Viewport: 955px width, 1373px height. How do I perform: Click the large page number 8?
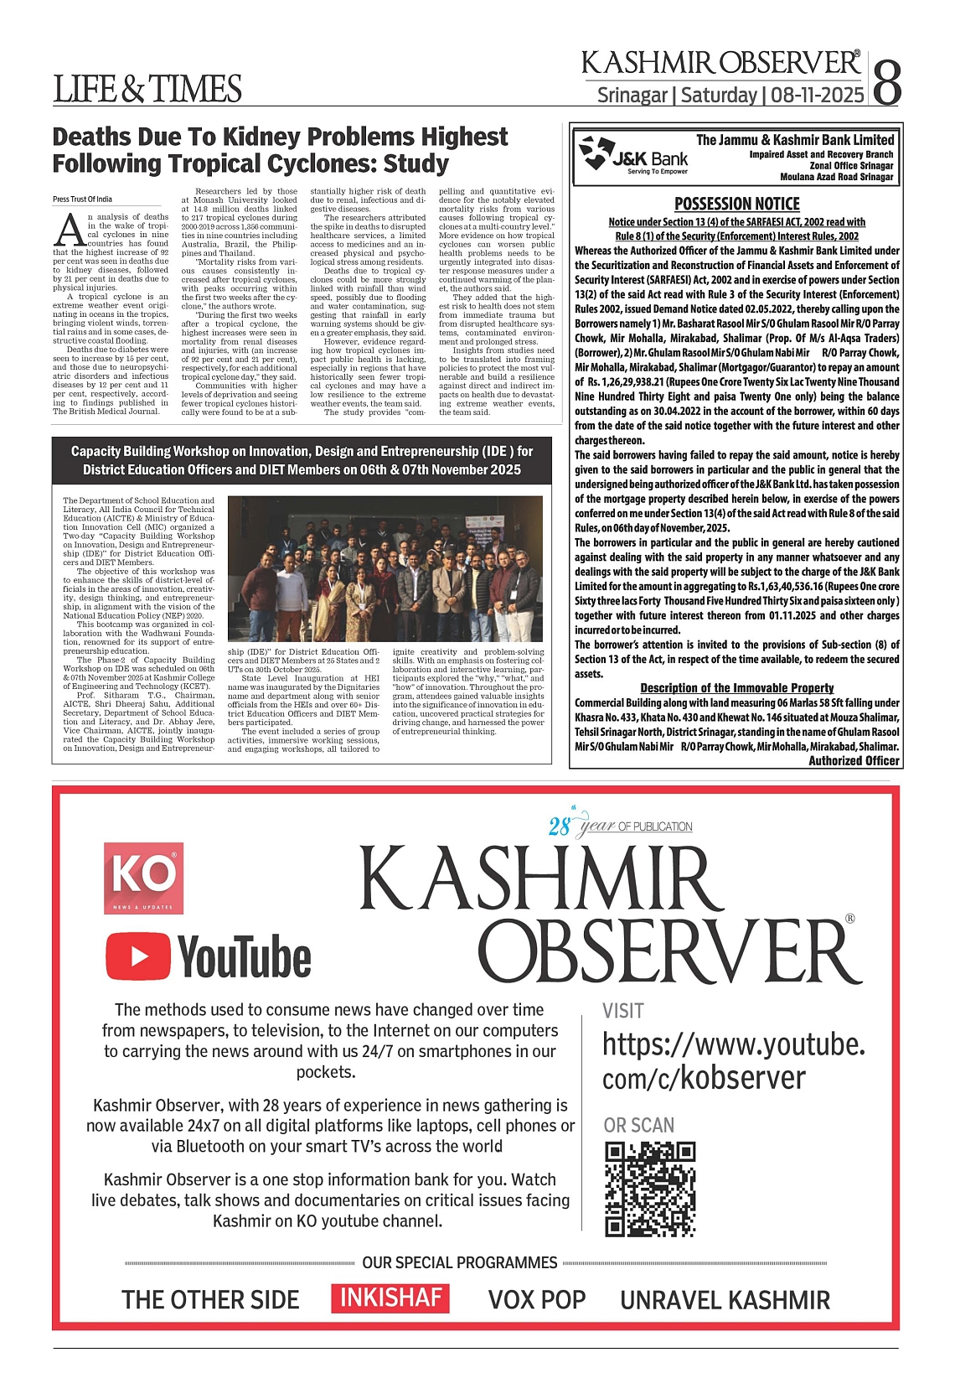pyautogui.click(x=887, y=80)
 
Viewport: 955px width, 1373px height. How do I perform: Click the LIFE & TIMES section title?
pyautogui.click(x=147, y=89)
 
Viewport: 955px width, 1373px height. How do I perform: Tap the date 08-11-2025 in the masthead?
pyautogui.click(x=817, y=95)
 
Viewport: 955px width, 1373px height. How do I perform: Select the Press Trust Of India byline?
pyautogui.click(x=82, y=199)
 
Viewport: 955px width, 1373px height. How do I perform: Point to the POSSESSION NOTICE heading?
pyautogui.click(x=737, y=204)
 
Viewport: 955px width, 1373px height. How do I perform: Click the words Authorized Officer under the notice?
pyautogui.click(x=854, y=760)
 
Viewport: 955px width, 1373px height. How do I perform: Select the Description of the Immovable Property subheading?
pyautogui.click(x=737, y=687)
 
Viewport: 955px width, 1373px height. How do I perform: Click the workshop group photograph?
pyautogui.click(x=385, y=568)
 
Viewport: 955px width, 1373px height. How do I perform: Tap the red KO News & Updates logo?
pyautogui.click(x=143, y=878)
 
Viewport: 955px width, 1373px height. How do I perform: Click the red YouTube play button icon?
pyautogui.click(x=139, y=956)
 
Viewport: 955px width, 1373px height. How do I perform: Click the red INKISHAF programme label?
pyautogui.click(x=390, y=1298)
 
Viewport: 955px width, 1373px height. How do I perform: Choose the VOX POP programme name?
pyautogui.click(x=537, y=1299)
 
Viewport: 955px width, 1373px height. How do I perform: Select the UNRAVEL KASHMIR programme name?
pyautogui.click(x=725, y=1299)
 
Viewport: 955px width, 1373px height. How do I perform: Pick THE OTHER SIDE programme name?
pyautogui.click(x=210, y=1299)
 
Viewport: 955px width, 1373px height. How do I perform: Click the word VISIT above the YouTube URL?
pyautogui.click(x=623, y=1011)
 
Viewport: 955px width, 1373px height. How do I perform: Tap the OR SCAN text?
pyautogui.click(x=639, y=1125)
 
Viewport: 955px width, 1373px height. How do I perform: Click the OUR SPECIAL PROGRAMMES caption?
pyautogui.click(x=460, y=1262)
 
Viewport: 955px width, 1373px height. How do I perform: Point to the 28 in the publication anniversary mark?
pyautogui.click(x=560, y=827)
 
